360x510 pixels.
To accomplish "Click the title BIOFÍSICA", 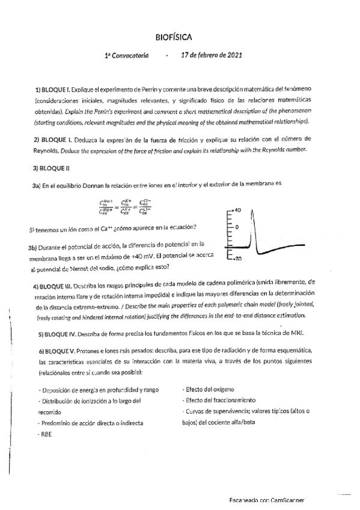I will [x=174, y=37].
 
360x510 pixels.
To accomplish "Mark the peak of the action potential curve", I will [x=252, y=209].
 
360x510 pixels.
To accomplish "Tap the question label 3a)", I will [x=36, y=186].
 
